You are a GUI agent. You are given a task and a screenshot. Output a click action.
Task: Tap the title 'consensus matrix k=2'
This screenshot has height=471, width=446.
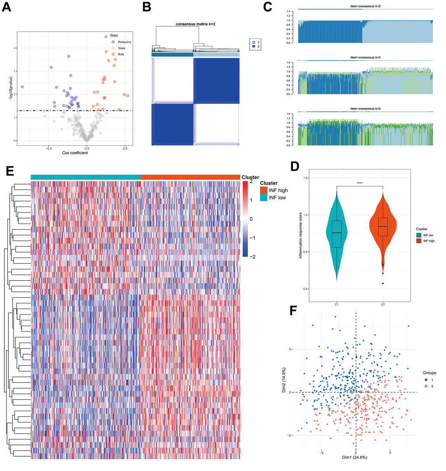pos(195,23)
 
